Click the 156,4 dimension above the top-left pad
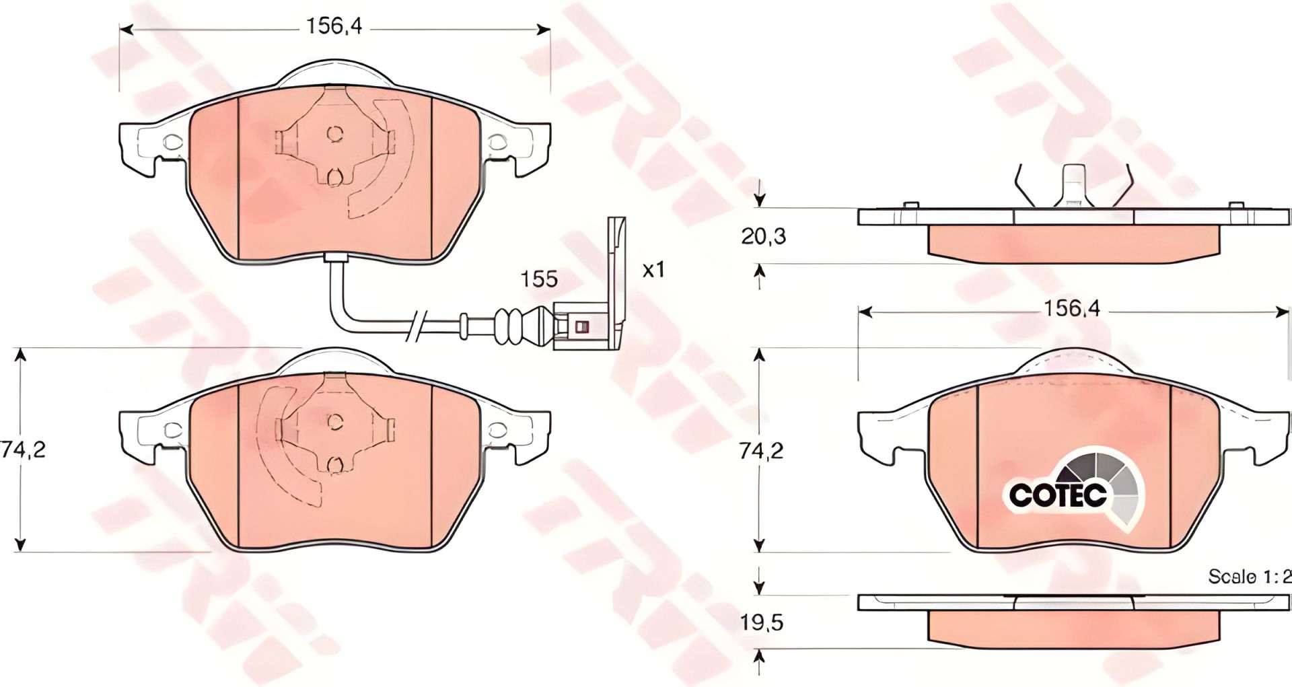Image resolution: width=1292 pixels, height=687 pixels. pyautogui.click(x=334, y=27)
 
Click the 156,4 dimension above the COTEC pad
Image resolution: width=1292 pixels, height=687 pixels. pyautogui.click(x=1071, y=309)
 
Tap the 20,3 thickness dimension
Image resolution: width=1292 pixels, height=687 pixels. pyautogui.click(x=764, y=236)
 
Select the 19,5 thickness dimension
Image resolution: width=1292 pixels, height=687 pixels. pyautogui.click(x=762, y=622)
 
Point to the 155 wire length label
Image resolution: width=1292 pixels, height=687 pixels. pyautogui.click(x=540, y=279)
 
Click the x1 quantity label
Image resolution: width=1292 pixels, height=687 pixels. pyautogui.click(x=653, y=270)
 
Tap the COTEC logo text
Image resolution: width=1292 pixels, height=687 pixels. pyautogui.click(x=1058, y=495)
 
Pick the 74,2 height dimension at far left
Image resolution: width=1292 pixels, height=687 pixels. pyautogui.click(x=23, y=449)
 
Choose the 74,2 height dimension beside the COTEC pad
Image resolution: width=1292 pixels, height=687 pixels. pyautogui.click(x=762, y=450)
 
